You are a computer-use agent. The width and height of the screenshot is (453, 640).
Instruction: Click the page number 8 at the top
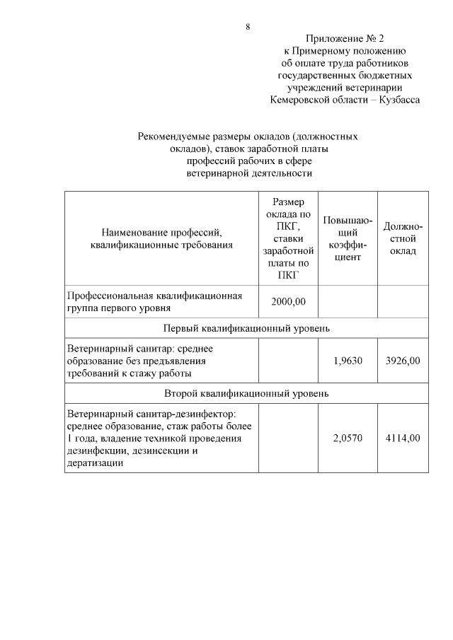[x=248, y=27]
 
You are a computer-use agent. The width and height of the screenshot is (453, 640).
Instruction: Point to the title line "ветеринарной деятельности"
[x=248, y=173]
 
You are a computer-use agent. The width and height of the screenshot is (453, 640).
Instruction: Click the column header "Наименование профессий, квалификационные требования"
[x=162, y=238]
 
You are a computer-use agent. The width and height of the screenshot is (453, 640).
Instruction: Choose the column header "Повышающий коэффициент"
[x=348, y=238]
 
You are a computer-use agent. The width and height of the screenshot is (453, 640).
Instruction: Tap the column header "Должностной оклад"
[x=403, y=238]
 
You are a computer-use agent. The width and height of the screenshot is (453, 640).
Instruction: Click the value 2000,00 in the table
[x=288, y=302]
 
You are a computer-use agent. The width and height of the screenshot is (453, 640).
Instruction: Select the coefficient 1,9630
[x=348, y=361]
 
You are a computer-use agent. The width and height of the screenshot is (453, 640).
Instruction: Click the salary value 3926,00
[x=403, y=361]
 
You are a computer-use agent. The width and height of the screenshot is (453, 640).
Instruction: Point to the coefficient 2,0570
[x=348, y=438]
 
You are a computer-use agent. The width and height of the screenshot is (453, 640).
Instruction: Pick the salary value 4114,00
[x=403, y=438]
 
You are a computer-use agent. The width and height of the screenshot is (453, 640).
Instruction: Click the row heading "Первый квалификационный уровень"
[x=246, y=329]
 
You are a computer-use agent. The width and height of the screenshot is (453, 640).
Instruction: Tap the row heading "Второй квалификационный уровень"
[x=246, y=393]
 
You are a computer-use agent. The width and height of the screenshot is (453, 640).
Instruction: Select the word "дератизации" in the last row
[x=95, y=463]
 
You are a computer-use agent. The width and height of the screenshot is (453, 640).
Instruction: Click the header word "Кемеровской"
[x=303, y=100]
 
